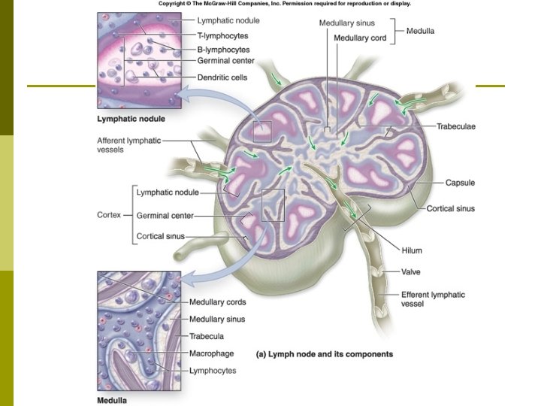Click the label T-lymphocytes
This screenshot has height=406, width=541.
pos(222,35)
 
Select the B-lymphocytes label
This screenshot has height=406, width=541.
pos(222,48)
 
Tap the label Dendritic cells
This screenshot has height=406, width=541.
pos(222,77)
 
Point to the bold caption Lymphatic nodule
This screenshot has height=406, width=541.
pos(131,119)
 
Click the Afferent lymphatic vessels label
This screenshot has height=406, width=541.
pos(128,144)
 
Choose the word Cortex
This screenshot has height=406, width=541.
pos(109,215)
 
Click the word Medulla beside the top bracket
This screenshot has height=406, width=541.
pos(420,31)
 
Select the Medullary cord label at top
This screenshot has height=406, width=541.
pos(361,38)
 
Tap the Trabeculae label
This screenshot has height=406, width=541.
pos(455,126)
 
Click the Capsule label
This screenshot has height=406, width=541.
pos(460,183)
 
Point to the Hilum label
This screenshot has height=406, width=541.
pos(412,250)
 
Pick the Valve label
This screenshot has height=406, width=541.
pos(411,271)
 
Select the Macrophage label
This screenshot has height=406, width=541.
pos(211,353)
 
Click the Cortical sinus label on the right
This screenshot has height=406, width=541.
pos(451,208)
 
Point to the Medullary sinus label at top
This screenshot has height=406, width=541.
pos(347,23)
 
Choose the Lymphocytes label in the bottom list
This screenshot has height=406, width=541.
pos(213,370)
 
